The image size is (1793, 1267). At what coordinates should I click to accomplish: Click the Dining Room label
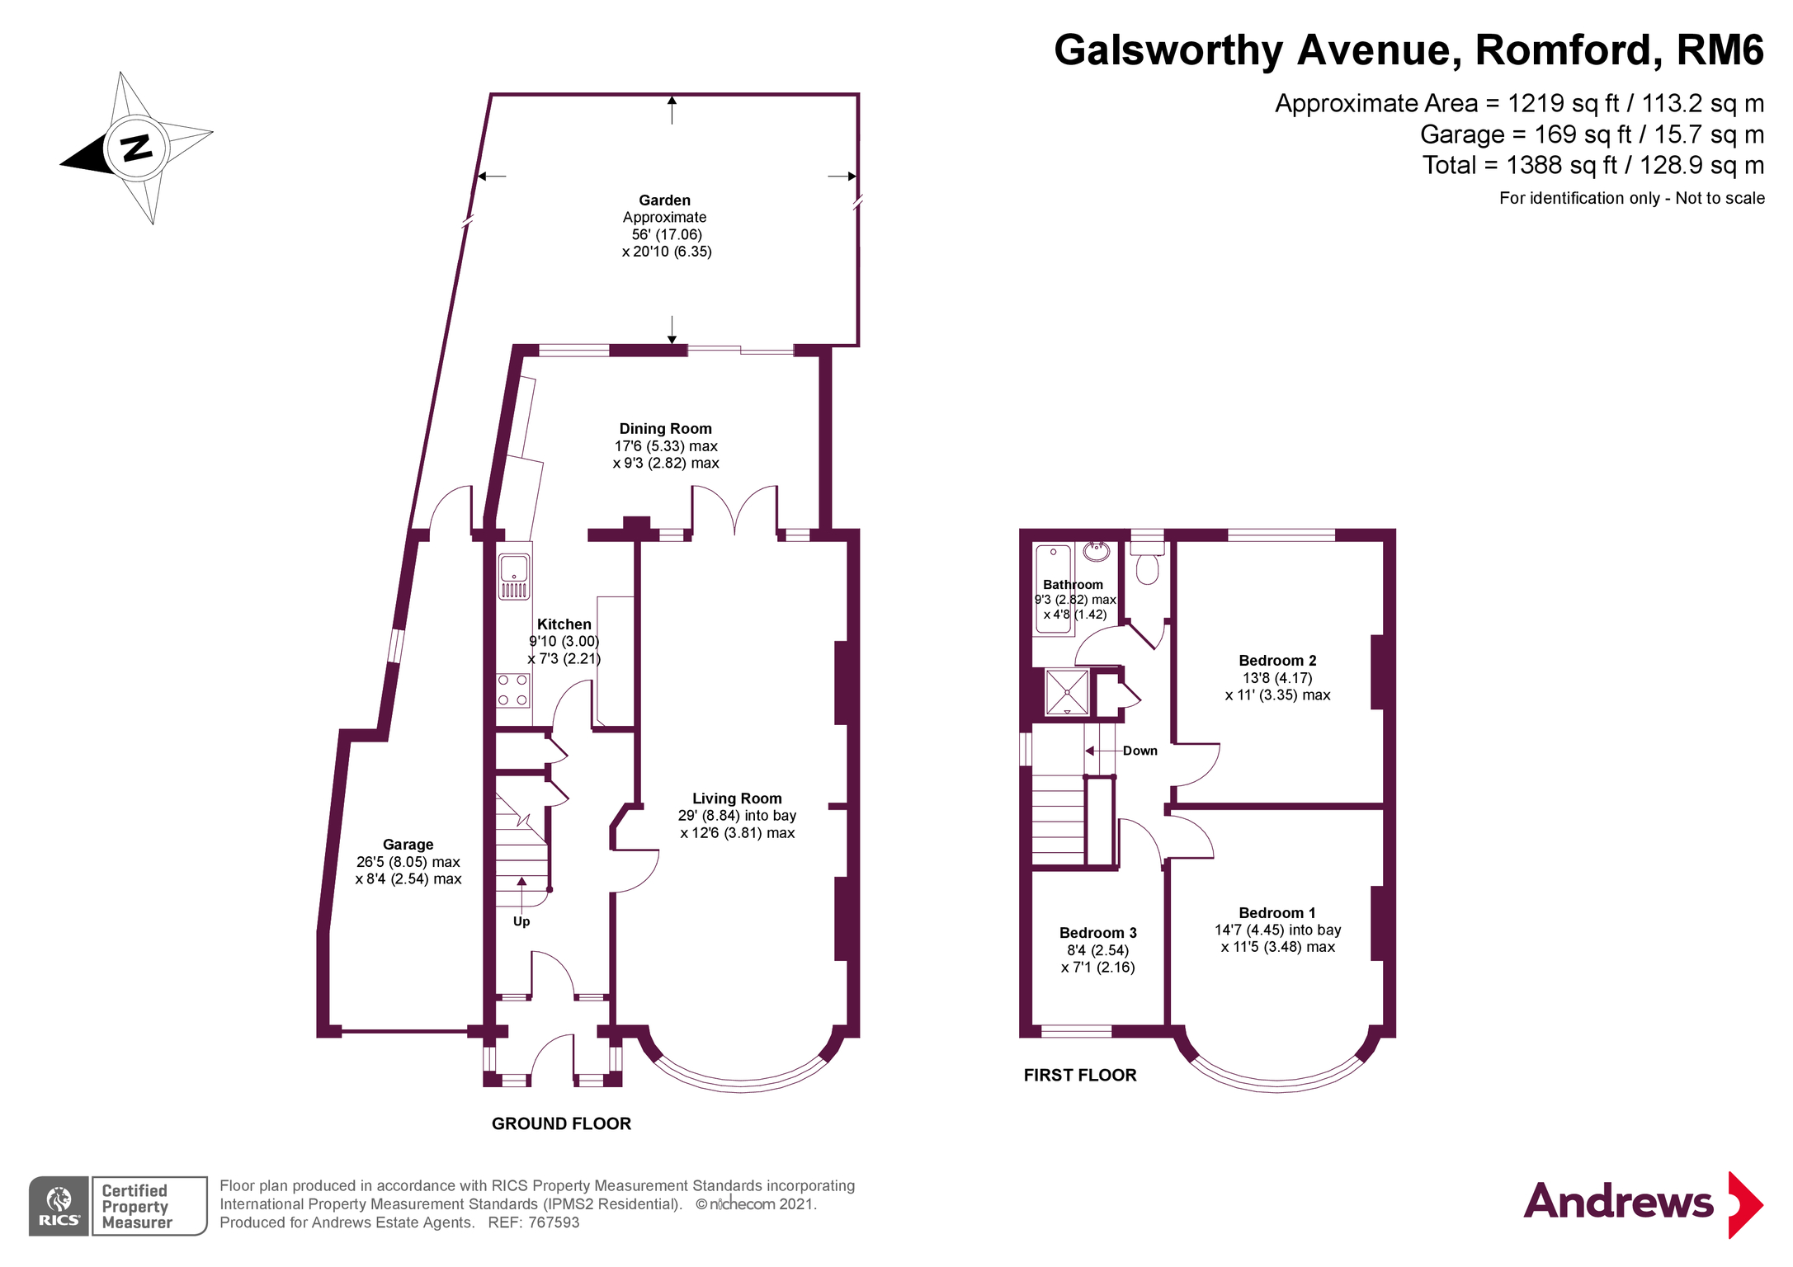(665, 429)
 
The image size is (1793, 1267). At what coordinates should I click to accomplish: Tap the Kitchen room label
(564, 624)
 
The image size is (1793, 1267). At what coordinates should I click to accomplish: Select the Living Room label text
(737, 798)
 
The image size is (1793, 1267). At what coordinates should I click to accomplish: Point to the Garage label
(408, 845)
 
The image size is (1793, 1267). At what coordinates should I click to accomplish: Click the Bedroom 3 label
(1097, 933)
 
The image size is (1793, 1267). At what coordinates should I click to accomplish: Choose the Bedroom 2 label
(1277, 661)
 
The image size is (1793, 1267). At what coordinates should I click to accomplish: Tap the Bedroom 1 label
(1277, 913)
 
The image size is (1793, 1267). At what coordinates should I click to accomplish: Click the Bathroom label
(1073, 585)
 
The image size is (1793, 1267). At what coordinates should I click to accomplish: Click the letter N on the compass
(137, 148)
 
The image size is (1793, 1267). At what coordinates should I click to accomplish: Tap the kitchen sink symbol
(513, 575)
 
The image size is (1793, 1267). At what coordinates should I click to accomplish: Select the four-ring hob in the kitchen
(512, 690)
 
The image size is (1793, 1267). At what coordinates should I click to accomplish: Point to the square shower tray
(1067, 692)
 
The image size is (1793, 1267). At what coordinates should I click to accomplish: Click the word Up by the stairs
(521, 921)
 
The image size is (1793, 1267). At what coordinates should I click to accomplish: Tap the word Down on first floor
(1139, 751)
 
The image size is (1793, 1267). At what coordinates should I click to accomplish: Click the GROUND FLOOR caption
(561, 1123)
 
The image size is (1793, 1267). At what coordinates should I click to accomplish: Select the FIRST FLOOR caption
(1080, 1075)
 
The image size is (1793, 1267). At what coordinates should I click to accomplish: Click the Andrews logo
(1643, 1203)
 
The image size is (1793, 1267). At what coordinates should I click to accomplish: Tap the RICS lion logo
(59, 1206)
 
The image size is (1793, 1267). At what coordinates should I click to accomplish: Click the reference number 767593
(554, 1222)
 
